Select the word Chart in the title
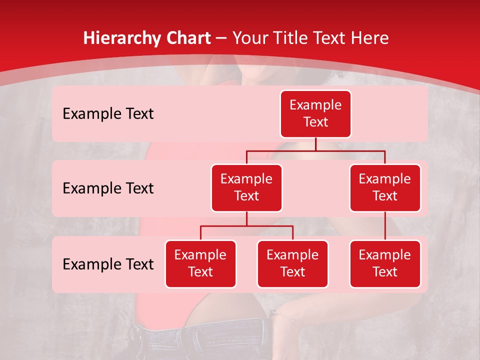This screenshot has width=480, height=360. pyautogui.click(x=188, y=38)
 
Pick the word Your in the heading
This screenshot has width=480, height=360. pyautogui.click(x=251, y=38)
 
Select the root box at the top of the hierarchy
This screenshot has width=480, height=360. pyautogui.click(x=315, y=114)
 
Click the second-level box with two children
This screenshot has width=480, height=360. pyautogui.click(x=246, y=188)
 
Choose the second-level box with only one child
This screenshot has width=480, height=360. pyautogui.click(x=385, y=188)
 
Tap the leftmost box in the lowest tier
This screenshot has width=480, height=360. pyautogui.click(x=200, y=264)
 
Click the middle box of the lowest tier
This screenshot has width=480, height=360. pyautogui.click(x=292, y=264)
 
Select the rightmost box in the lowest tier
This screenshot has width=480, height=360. pyautogui.click(x=385, y=264)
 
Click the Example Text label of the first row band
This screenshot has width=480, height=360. pyautogui.click(x=108, y=114)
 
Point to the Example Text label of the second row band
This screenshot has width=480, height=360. pyautogui.click(x=108, y=188)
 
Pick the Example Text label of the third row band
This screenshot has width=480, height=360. pyautogui.click(x=108, y=264)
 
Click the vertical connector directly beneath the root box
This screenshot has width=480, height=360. pyautogui.click(x=315, y=144)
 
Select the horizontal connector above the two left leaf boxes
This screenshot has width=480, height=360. pyautogui.click(x=246, y=226)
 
